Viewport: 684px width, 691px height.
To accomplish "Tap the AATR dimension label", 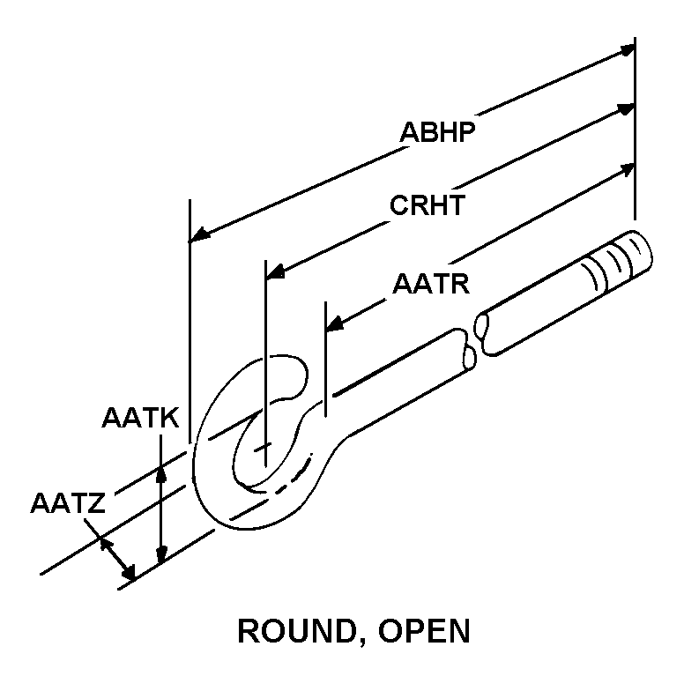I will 430,284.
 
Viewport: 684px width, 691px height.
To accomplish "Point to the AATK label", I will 141,418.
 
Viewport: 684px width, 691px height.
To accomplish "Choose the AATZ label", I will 68,505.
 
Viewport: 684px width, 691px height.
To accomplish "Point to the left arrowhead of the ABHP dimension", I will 198,235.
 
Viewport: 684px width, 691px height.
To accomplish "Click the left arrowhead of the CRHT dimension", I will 274,272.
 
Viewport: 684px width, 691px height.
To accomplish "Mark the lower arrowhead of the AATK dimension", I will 160,555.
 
